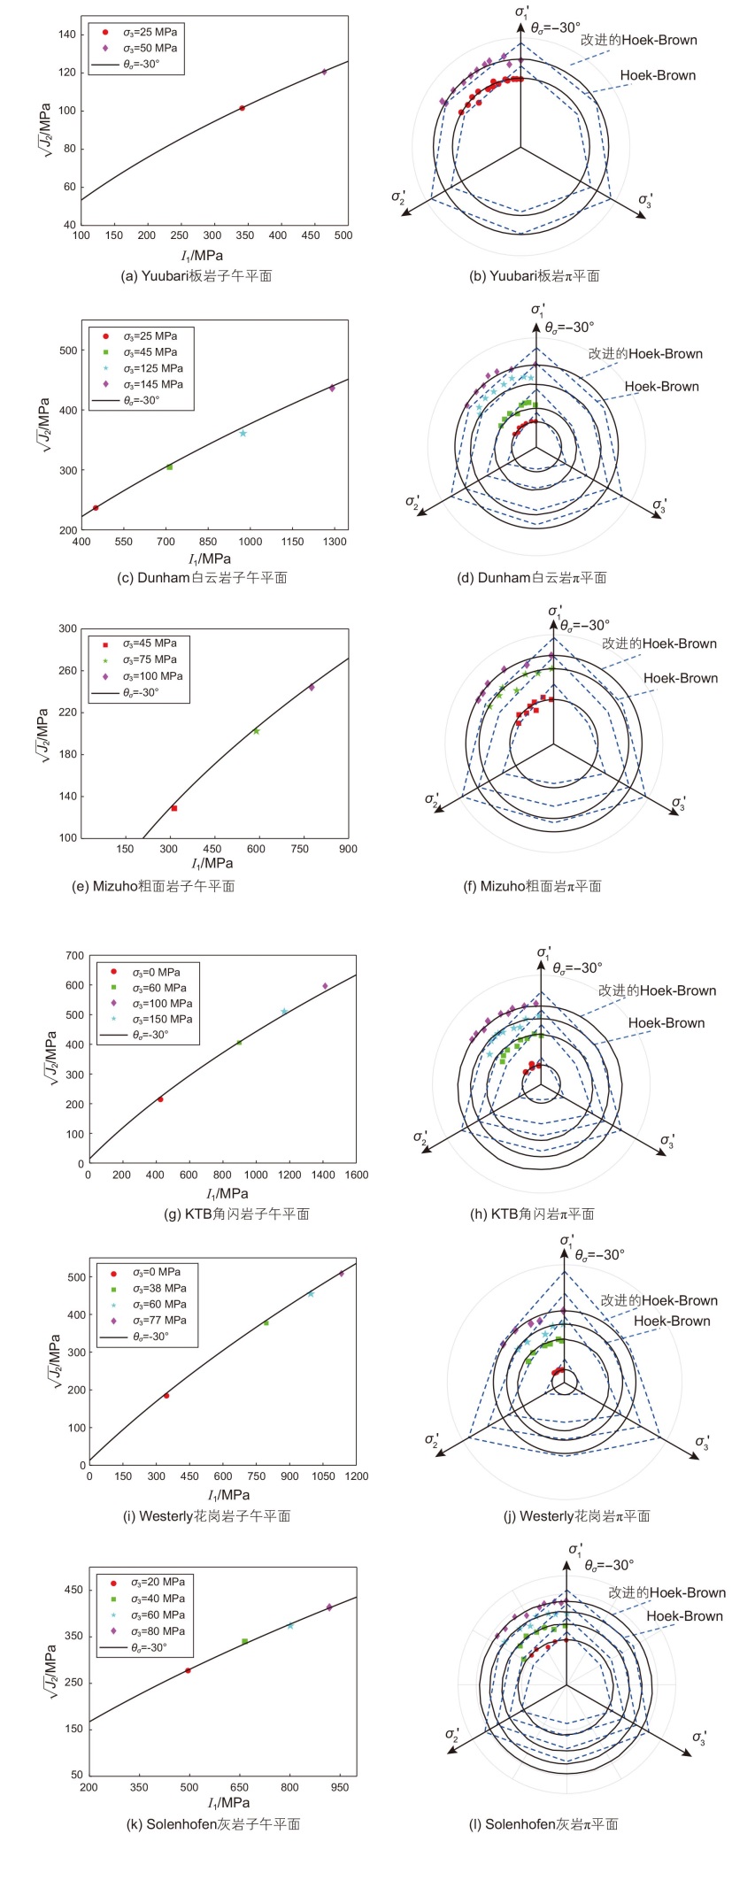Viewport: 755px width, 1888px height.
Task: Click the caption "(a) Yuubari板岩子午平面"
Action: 196,276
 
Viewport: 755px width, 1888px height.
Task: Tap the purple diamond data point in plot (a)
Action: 324,72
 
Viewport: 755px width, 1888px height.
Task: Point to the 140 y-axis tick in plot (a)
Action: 67,35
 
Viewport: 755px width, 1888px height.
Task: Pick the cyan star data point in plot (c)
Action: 243,433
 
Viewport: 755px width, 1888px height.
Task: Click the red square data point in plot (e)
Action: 174,808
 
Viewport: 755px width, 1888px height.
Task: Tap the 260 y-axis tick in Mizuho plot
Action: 67,670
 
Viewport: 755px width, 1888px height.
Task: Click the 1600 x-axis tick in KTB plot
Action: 356,1175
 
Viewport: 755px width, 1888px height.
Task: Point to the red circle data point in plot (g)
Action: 160,1099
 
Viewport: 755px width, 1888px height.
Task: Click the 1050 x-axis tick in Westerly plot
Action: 323,1476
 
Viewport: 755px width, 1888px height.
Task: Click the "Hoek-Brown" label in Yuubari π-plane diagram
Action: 658,75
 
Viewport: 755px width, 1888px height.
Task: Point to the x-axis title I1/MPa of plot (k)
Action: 228,1803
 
